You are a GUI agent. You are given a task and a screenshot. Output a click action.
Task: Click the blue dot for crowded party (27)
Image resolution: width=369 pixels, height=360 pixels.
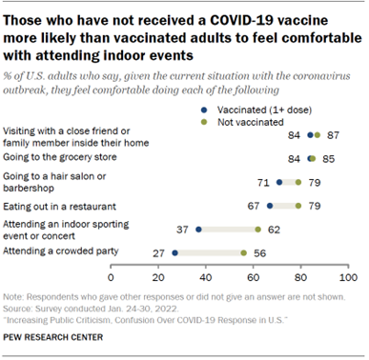pyautogui.click(x=174, y=253)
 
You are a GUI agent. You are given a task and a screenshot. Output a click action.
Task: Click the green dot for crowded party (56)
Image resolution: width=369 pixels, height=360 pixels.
pyautogui.click(x=243, y=253)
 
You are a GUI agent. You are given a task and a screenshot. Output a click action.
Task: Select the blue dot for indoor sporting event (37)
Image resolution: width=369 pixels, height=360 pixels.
pyautogui.click(x=198, y=229)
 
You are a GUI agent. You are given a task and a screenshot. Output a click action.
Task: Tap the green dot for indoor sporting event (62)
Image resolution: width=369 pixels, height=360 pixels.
pyautogui.click(x=257, y=229)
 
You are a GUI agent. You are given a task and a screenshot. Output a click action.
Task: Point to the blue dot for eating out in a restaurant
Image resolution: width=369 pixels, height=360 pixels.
pyautogui.click(x=270, y=204)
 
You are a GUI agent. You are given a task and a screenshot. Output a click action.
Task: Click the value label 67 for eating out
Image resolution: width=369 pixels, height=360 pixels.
pyautogui.click(x=254, y=204)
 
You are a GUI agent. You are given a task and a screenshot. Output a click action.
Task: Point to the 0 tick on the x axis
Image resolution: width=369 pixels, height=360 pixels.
pyautogui.click(x=111, y=277)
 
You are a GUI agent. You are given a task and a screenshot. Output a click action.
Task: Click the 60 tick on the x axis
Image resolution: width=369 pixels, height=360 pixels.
pyautogui.click(x=254, y=277)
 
